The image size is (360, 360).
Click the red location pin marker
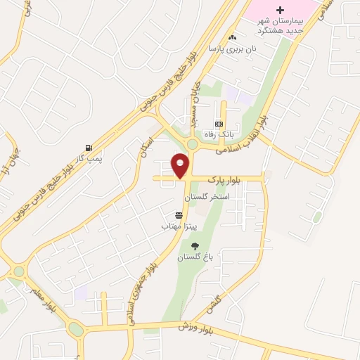point(181,165)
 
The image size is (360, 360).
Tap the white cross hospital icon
point(281,10)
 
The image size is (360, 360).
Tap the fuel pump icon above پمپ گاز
point(89,148)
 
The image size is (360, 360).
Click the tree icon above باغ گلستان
point(195,246)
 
